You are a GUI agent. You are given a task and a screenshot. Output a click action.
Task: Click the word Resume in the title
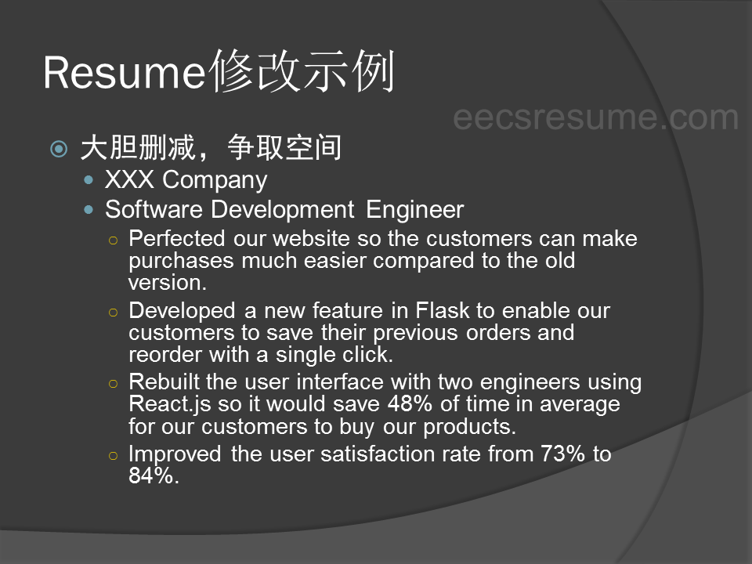point(125,73)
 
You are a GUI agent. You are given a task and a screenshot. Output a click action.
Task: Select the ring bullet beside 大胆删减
point(59,149)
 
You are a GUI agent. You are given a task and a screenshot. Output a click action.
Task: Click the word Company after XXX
point(215,181)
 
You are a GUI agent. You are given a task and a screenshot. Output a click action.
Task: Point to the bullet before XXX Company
point(89,180)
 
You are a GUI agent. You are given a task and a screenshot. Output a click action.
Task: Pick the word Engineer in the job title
point(415,210)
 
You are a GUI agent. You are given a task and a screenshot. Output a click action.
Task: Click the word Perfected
point(177,238)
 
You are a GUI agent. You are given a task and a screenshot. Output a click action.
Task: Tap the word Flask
point(442,310)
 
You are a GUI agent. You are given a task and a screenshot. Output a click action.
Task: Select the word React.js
point(170,404)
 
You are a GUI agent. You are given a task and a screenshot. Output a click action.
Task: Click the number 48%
point(410,404)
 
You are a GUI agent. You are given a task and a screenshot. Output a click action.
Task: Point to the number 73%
point(562,454)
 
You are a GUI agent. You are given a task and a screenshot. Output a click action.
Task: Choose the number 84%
point(151,475)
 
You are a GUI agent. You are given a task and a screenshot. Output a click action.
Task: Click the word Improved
point(175,454)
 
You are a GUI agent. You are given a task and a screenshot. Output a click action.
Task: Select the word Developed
point(183,311)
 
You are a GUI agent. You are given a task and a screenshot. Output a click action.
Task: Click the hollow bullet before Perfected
point(113,240)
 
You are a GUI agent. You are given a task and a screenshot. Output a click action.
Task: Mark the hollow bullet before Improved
point(113,456)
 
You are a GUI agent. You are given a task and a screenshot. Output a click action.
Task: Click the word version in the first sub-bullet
point(164,284)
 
